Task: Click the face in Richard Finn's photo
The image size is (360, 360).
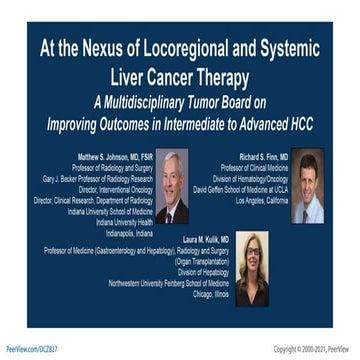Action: (308, 180)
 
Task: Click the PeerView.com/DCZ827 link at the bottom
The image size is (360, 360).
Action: (30, 348)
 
